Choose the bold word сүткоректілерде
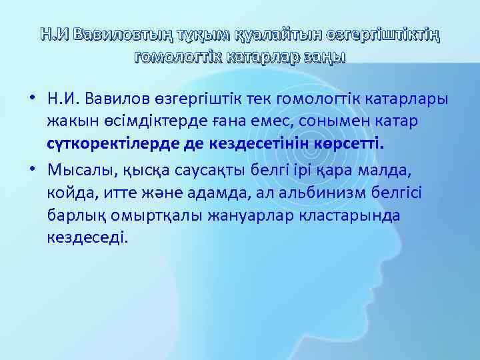(114, 146)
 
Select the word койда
(69, 193)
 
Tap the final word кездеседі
(85, 238)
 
